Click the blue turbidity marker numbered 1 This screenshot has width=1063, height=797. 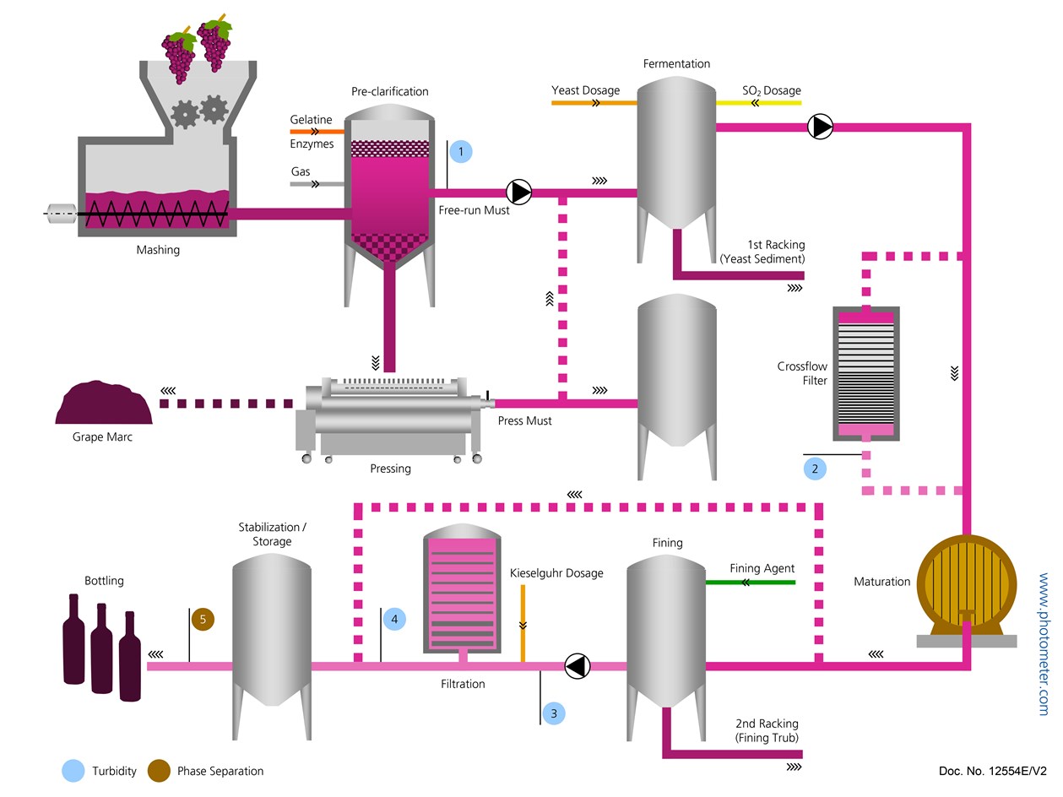460,152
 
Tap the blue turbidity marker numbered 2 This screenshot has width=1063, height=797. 815,468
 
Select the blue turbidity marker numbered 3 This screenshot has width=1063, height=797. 554,713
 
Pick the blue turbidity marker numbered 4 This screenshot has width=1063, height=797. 394,620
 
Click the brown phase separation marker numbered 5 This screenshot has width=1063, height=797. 203,620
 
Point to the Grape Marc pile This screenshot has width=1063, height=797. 103,403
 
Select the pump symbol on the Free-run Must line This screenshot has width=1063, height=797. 519,192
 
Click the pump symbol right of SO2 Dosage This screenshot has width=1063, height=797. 820,127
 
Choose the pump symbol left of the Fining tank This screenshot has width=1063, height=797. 578,666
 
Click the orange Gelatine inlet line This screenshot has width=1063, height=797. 317,132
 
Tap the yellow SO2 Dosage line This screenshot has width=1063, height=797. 758,103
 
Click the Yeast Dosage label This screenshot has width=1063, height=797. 585,90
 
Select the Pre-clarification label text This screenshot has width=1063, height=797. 389,91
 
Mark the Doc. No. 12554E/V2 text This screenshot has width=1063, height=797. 992,771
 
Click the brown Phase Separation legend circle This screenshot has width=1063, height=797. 159,770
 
